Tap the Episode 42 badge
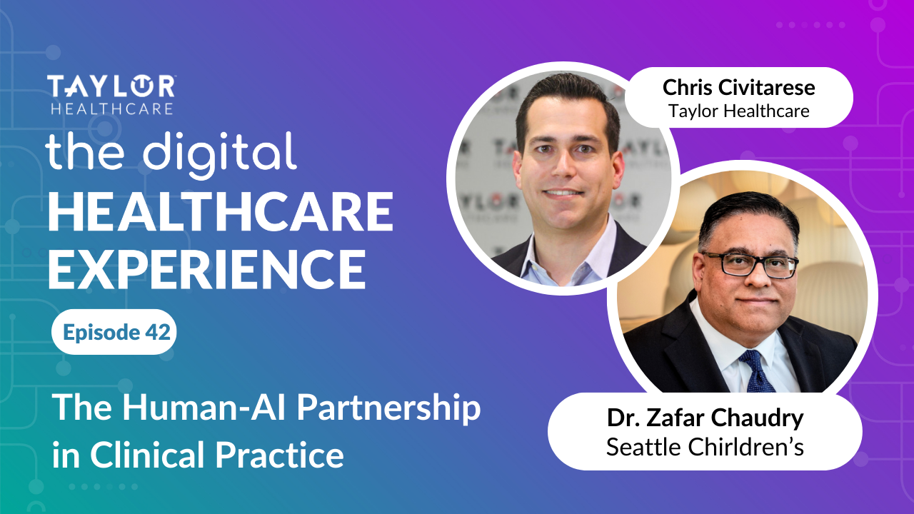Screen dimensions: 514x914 (114, 332)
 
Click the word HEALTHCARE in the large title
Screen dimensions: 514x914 (220, 213)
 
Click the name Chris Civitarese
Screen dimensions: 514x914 (739, 88)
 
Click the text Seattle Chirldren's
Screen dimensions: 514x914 (705, 447)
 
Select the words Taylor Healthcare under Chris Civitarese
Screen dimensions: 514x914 (739, 111)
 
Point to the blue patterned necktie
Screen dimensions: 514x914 (755, 371)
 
